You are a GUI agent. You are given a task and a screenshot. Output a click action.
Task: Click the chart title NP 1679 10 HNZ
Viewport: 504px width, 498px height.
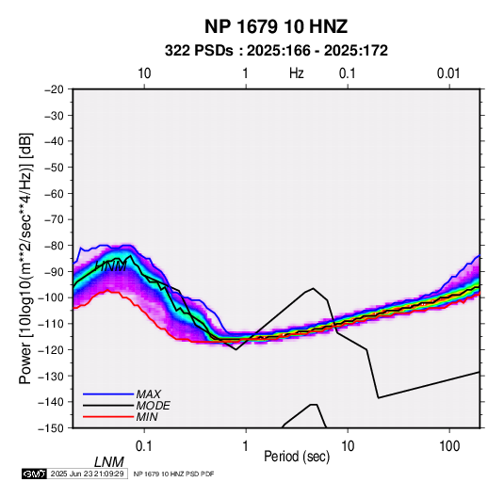(276, 26)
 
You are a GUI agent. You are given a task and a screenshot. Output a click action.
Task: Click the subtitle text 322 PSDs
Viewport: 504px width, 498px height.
(199, 51)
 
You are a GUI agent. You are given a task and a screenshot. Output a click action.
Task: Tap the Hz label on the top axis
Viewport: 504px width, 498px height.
(297, 73)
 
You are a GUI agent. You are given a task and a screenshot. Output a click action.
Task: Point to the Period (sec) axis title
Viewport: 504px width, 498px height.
(297, 457)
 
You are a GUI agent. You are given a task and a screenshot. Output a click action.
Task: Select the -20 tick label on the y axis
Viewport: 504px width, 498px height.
(54, 89)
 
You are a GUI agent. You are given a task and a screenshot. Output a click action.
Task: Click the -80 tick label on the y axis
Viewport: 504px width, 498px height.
(54, 246)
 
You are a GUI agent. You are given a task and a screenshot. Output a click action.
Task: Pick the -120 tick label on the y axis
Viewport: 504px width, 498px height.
(51, 350)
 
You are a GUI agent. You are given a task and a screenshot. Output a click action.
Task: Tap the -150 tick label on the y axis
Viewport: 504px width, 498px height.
(51, 428)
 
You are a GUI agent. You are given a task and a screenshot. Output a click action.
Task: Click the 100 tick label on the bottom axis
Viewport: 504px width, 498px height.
(449, 446)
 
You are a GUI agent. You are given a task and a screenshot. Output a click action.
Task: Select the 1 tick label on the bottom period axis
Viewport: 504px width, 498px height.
(246, 446)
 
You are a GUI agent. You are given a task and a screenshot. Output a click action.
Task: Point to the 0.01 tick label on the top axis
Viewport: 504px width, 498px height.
(448, 73)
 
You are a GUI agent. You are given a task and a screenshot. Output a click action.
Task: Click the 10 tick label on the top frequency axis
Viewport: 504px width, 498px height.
(144, 73)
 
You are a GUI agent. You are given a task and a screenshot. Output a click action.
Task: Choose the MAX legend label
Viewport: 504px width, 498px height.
(149, 394)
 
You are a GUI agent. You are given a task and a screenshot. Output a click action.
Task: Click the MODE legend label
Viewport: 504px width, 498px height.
(153, 406)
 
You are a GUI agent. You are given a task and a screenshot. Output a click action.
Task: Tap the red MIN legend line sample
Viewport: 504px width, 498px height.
(108, 417)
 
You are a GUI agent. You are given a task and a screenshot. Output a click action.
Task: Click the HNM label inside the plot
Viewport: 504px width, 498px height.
(111, 266)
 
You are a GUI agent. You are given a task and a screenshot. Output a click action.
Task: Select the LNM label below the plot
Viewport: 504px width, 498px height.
(108, 462)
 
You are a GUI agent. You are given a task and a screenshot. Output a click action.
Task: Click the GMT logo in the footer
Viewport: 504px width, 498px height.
(35, 474)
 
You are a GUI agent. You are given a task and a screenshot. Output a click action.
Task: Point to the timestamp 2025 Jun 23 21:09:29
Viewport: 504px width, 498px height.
(87, 474)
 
